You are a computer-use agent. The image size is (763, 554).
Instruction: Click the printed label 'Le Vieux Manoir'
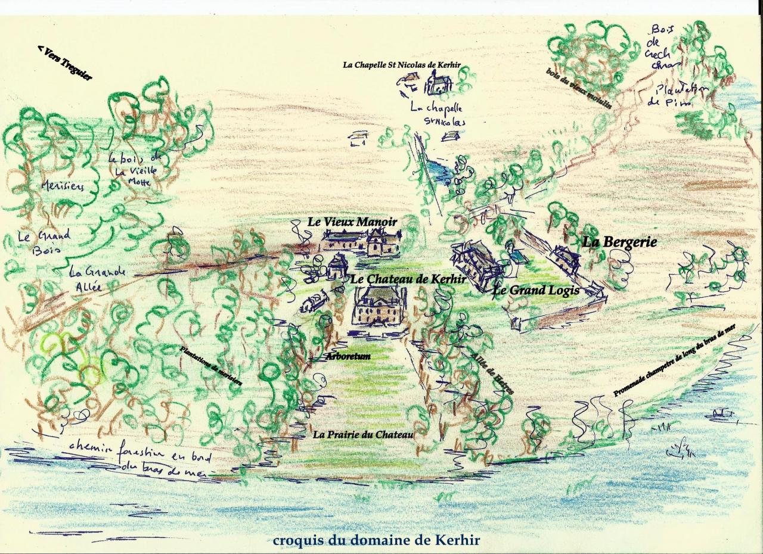click(352, 221)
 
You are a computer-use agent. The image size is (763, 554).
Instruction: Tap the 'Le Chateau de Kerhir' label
click(399, 278)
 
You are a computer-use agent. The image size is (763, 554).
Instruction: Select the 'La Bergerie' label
click(619, 242)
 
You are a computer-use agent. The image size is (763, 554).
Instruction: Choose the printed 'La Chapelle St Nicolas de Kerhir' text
click(401, 65)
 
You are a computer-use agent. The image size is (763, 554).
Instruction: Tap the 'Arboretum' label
click(348, 356)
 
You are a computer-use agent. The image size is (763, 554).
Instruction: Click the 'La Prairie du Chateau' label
click(363, 435)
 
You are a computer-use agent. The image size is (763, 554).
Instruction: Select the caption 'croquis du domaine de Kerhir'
click(376, 541)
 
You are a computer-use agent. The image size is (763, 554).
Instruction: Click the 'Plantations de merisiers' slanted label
click(211, 366)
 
